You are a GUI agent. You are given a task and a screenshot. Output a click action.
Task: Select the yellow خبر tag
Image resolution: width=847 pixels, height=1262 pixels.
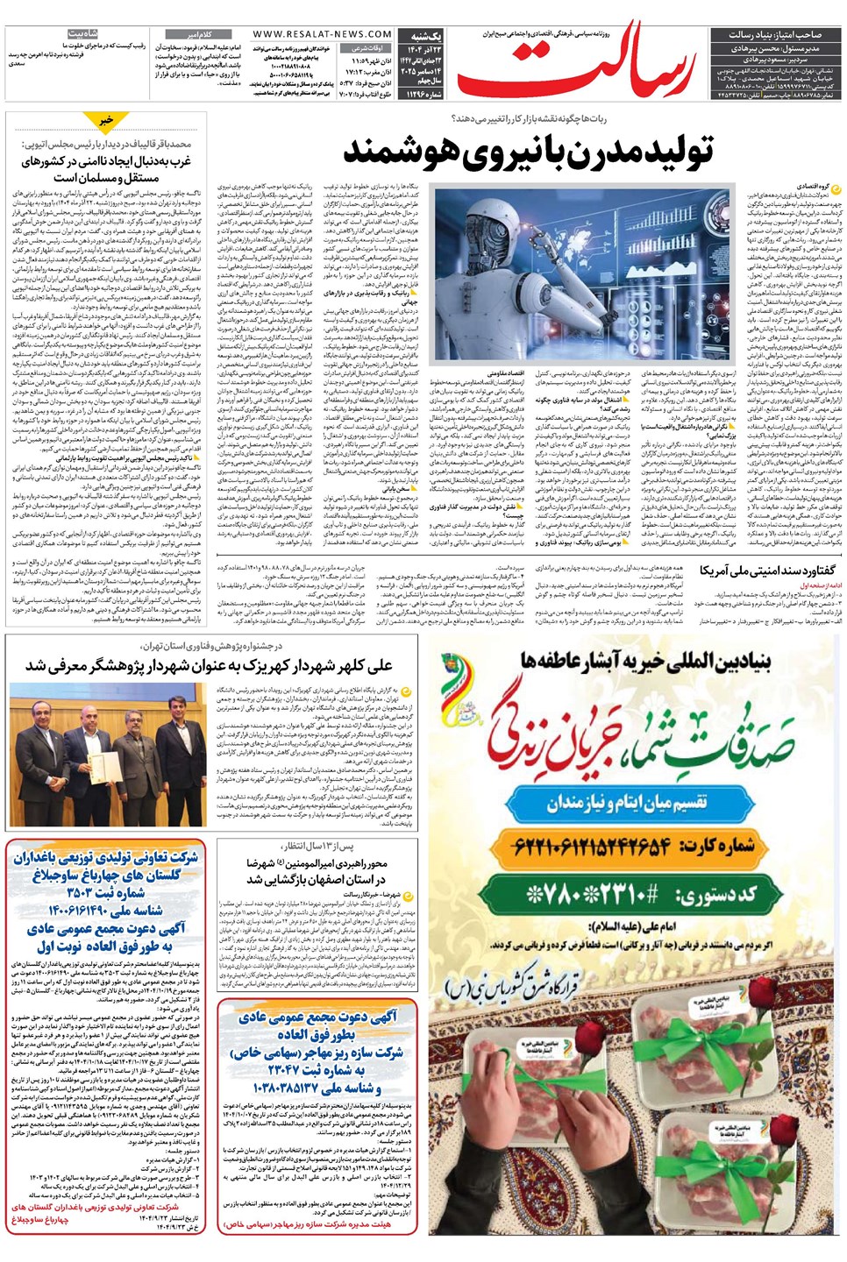click(106, 120)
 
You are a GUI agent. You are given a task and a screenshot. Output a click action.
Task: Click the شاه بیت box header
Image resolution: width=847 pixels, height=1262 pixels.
click(82, 33)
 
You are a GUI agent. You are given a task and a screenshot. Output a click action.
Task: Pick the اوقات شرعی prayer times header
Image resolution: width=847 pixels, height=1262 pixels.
click(367, 48)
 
